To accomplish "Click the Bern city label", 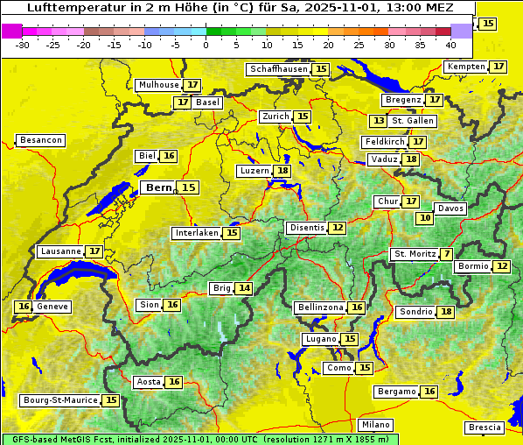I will coord(158,187).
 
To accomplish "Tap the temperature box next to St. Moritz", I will coord(447,254).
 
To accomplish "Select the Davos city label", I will coord(450,208).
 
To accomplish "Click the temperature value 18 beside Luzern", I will coord(282,171).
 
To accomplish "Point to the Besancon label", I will coord(41,140).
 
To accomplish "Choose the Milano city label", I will coord(376,424).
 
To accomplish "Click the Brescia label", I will coord(485,427).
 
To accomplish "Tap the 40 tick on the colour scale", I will coord(450,45).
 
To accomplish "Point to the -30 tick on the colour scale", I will coord(23,45).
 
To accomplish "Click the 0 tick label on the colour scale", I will coord(206,45).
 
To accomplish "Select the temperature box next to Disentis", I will coord(338,228).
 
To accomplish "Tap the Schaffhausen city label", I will coord(278,69).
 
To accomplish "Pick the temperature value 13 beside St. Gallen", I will coord(378,121).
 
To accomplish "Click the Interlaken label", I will coord(196,233).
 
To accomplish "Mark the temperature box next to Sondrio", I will coord(447,312).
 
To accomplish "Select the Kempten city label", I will coord(466,67).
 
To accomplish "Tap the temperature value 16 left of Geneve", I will coord(24,307).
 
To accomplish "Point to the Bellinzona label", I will coord(319,307).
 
